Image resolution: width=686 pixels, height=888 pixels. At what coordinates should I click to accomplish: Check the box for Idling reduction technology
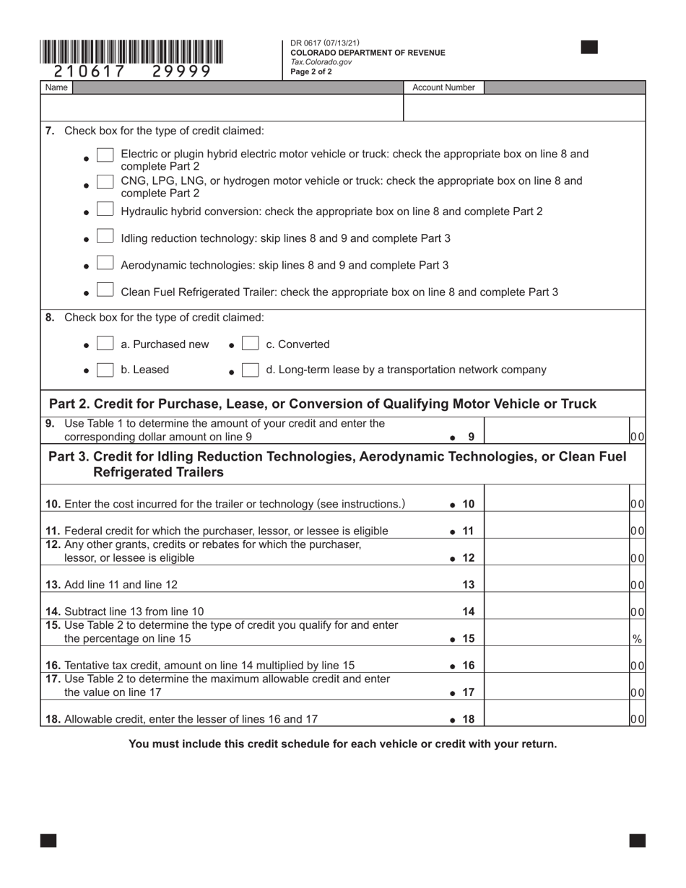point(105,237)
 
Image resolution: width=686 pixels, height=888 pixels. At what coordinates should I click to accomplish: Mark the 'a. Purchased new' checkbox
point(105,344)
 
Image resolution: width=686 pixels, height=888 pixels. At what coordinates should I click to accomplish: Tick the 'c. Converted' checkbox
point(250,344)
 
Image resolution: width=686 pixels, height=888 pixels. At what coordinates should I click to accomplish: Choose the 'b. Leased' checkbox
point(105,370)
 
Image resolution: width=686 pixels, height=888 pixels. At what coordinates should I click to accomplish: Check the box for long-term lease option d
point(250,370)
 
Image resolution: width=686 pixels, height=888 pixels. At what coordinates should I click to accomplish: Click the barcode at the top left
point(131,53)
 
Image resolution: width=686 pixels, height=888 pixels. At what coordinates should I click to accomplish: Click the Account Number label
point(443,87)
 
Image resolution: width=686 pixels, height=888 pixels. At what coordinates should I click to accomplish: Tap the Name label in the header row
point(56,87)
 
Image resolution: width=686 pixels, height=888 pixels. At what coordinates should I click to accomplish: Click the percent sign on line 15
point(637,639)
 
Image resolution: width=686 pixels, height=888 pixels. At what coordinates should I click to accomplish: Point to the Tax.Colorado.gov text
point(321,62)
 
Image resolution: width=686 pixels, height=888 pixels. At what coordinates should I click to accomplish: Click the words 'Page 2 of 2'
point(311,71)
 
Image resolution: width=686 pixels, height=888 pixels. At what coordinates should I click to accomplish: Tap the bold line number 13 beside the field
point(468,584)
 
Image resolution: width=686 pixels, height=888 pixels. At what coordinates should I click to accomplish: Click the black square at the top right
point(589,48)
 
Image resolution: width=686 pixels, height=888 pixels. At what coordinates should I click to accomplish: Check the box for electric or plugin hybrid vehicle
point(105,155)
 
